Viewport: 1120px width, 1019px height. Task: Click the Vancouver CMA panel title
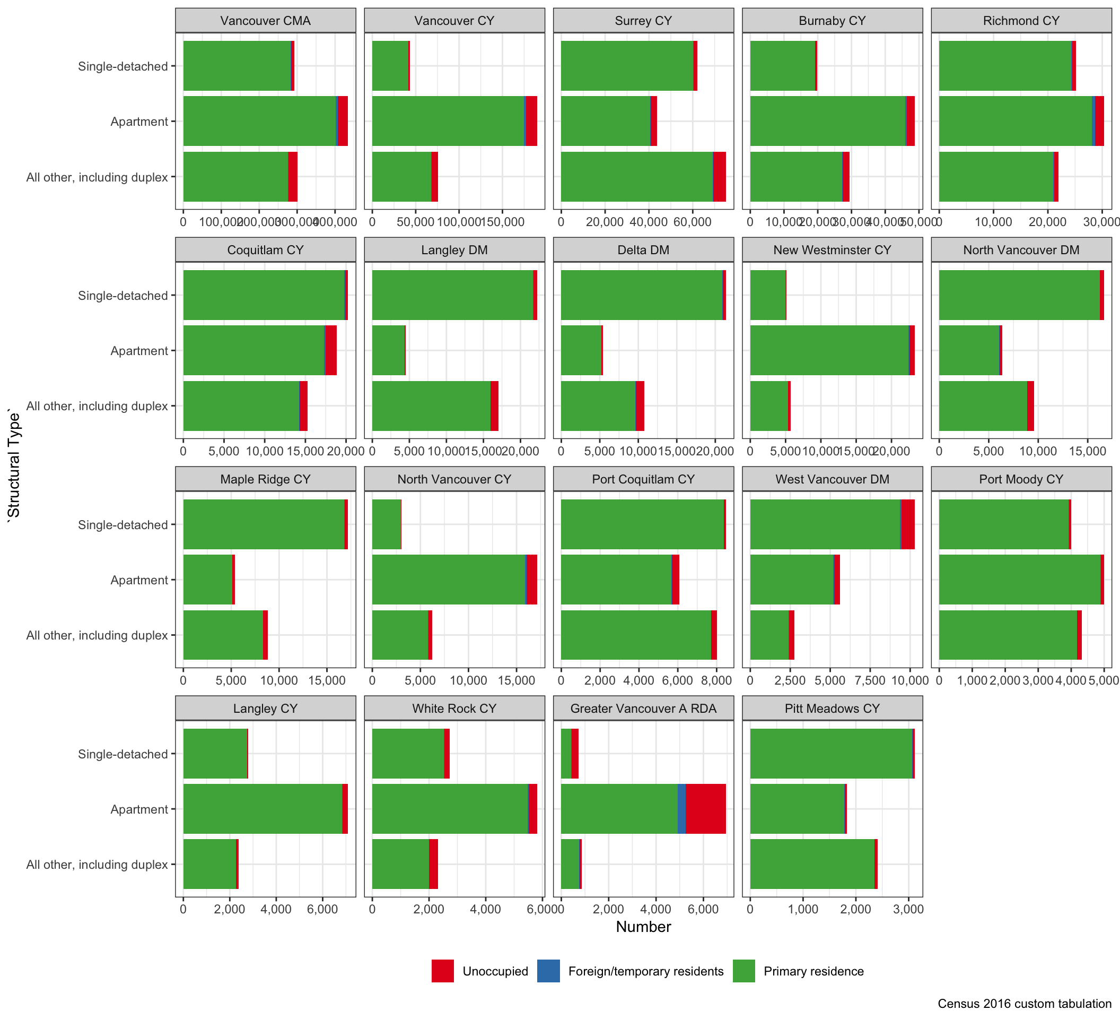coord(265,21)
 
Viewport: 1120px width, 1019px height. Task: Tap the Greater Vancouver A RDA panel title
coord(643,708)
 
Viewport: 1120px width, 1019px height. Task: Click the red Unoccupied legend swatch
coord(442,971)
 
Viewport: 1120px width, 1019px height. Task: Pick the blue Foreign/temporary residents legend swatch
coord(548,971)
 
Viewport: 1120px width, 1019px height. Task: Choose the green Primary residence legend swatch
coord(743,971)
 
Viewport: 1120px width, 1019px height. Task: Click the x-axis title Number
coord(643,927)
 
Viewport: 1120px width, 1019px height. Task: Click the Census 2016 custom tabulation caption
coord(1024,1004)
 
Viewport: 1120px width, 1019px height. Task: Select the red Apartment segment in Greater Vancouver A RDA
coord(705,808)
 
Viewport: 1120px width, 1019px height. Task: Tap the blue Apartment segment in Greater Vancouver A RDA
coord(681,808)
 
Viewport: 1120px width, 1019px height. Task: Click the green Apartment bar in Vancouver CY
coord(447,121)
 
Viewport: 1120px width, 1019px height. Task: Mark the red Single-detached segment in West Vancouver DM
coord(908,524)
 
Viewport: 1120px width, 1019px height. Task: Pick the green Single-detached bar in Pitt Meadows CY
coord(830,753)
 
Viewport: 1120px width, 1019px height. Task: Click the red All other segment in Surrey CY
coord(719,177)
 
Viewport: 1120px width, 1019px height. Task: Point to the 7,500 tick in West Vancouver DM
coord(870,680)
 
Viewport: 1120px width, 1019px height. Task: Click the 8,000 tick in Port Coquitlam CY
coord(716,680)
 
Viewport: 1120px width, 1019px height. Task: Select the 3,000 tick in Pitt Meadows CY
coord(908,910)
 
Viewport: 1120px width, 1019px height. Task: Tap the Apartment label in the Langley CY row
coord(139,809)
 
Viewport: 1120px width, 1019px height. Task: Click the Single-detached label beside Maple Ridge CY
coord(123,525)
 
